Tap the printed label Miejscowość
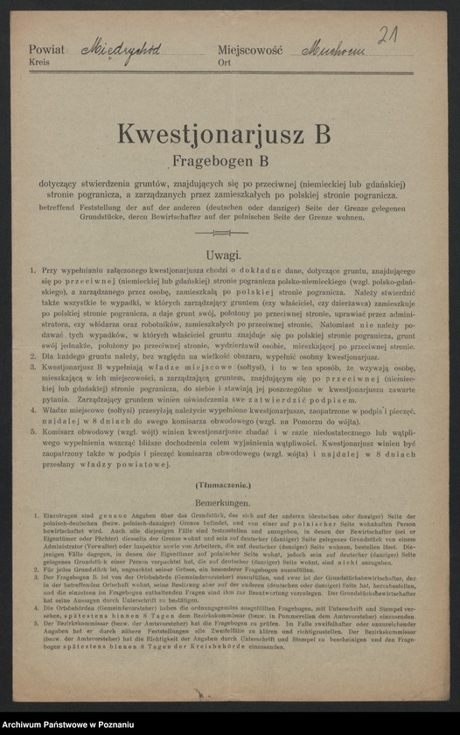(x=249, y=52)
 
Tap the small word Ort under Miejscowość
(x=225, y=64)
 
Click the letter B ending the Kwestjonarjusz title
(x=321, y=135)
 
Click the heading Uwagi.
(x=224, y=255)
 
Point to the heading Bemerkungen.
(x=224, y=503)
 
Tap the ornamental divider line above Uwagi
(x=224, y=234)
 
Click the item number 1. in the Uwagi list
(x=33, y=272)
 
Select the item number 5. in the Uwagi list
(x=33, y=432)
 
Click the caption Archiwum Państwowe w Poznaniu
(x=66, y=724)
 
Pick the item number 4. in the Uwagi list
(x=33, y=408)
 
